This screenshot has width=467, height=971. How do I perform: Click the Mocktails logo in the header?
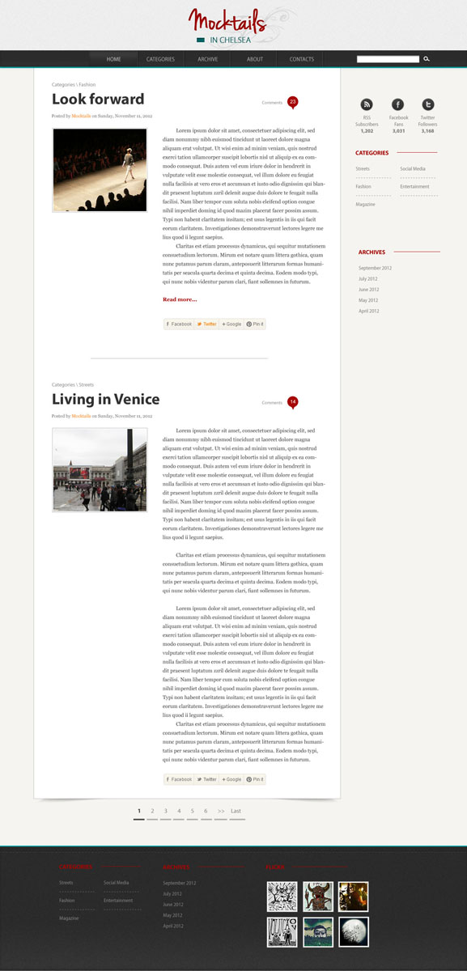pos(232,25)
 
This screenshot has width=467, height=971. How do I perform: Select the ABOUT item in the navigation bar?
pos(255,59)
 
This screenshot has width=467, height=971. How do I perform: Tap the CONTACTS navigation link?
pos(302,59)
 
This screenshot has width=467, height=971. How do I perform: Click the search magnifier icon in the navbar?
pos(427,59)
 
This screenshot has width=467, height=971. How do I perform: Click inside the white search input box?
pos(388,59)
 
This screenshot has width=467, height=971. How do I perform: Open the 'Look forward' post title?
pos(98,100)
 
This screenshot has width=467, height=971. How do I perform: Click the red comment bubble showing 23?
pos(292,102)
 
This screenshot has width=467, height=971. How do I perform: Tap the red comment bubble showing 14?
pos(292,401)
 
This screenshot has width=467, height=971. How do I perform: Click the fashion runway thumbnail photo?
pos(100,170)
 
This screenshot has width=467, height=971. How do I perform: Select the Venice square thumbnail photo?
pos(100,469)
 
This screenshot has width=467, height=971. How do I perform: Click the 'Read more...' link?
pos(180,299)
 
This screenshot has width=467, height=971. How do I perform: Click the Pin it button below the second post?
pos(255,779)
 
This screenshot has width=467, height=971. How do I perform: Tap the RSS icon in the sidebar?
pos(367,104)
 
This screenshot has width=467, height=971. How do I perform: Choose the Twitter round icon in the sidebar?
pos(427,104)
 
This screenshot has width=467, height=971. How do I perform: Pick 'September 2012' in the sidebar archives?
pos(375,268)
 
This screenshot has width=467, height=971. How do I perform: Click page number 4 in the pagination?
pos(179,811)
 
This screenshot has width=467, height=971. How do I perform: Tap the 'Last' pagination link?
pos(236,811)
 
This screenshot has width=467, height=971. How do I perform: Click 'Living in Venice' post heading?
pos(105,399)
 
